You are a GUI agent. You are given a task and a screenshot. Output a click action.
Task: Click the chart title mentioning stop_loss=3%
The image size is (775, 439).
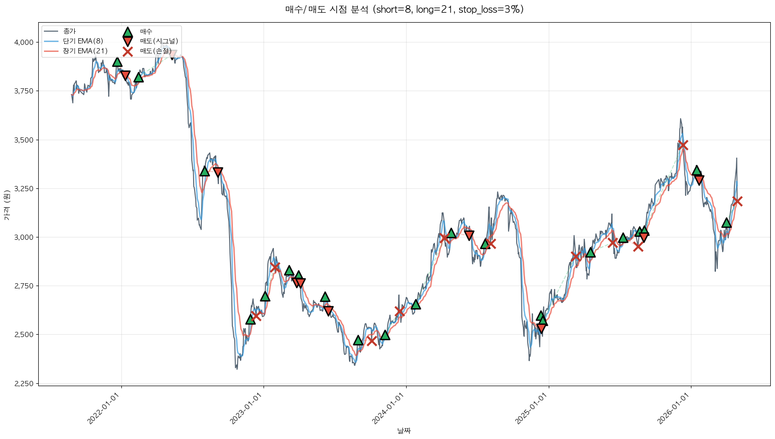[x=404, y=9]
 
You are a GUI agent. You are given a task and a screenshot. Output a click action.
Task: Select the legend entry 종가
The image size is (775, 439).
[x=69, y=31]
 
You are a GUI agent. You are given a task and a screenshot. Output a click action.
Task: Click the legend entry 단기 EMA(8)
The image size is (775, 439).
[x=83, y=41]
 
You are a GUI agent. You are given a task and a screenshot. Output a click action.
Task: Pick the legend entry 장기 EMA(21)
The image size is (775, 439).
[x=85, y=51]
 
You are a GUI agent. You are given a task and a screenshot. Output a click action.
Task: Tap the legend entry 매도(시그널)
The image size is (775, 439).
[x=159, y=41]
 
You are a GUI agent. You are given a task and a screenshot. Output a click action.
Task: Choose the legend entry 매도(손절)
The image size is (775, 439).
[x=155, y=51]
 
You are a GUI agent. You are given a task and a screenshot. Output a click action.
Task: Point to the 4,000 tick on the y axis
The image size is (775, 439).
[x=24, y=42]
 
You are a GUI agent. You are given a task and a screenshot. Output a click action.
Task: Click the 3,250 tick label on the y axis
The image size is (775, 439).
[x=24, y=189]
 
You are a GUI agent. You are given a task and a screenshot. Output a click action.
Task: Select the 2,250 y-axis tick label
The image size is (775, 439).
[x=24, y=384]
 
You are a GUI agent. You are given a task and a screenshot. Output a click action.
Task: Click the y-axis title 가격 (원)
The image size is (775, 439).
[x=7, y=205]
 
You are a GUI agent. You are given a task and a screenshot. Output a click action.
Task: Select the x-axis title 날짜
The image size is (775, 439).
[x=404, y=431]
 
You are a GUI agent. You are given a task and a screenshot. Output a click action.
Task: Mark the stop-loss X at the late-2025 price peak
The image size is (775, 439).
[x=682, y=145]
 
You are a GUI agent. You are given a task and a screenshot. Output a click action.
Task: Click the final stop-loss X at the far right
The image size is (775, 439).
[x=737, y=202]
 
